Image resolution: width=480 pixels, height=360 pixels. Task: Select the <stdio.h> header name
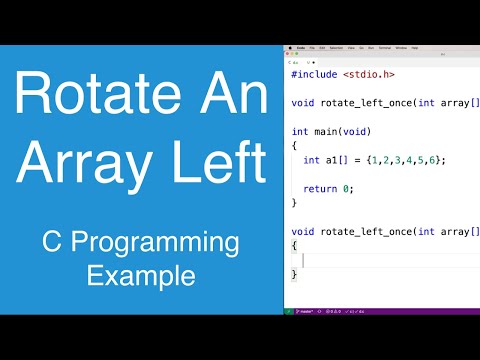click(368, 74)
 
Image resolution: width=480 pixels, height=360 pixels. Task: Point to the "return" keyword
click(319, 187)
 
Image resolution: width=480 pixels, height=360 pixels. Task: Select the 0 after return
click(349, 187)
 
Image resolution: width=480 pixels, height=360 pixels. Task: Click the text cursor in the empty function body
click(303, 259)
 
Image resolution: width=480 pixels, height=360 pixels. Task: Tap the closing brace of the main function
click(293, 202)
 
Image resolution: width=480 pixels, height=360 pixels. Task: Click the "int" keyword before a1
click(311, 159)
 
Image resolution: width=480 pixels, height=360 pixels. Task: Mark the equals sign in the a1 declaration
click(359, 159)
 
